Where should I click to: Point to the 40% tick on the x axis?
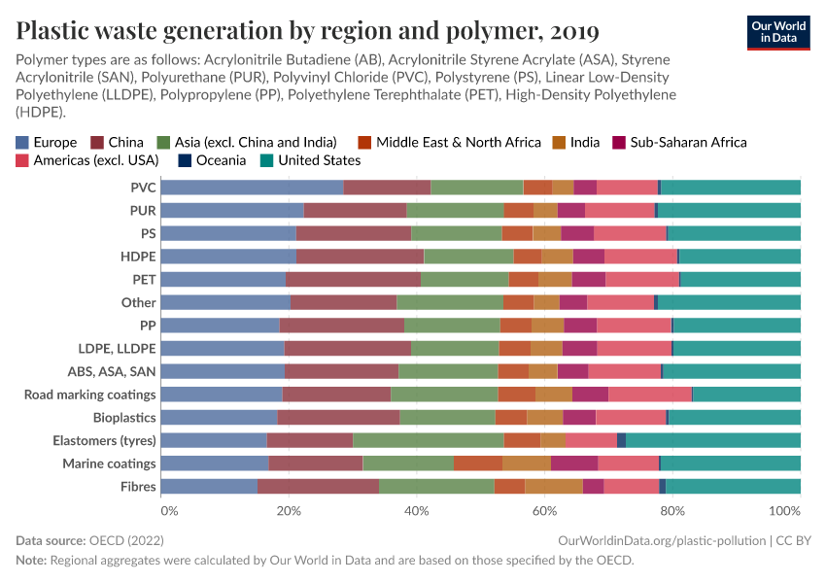[416, 510]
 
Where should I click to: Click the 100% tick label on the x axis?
[784, 510]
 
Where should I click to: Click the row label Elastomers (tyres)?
[92, 440]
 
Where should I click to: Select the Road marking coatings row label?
[89, 394]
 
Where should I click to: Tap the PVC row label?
[143, 188]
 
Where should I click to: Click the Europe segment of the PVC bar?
[252, 188]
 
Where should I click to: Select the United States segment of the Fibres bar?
[733, 486]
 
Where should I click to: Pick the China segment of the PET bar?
[353, 279]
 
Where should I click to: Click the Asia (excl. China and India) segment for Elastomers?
[428, 440]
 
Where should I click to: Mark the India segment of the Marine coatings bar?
[527, 463]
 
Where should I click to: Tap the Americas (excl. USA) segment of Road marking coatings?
[650, 394]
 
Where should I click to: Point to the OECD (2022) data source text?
[124, 539]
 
